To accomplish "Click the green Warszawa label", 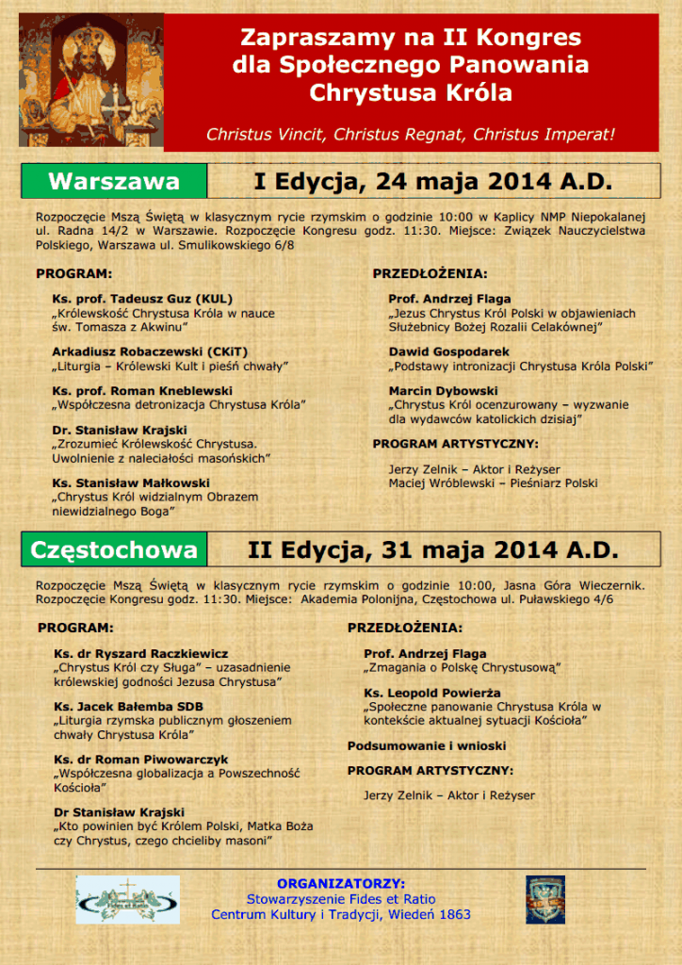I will [x=113, y=180].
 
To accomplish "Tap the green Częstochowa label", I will [x=114, y=548].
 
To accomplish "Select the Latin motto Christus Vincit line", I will [x=410, y=134].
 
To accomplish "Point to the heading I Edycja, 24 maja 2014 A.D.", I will [x=432, y=180].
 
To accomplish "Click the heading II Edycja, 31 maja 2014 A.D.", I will [x=432, y=548].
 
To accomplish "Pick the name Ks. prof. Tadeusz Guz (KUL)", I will [x=142, y=299].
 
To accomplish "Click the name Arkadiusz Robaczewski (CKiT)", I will [x=150, y=351].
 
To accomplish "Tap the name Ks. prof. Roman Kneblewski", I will [x=142, y=390].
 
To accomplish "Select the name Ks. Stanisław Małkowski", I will [x=132, y=482].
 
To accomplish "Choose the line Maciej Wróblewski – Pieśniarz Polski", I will [x=493, y=482].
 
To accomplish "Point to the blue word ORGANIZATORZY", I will [x=341, y=883].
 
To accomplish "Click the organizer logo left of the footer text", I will [x=127, y=899].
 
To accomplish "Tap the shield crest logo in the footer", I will [x=545, y=899].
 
